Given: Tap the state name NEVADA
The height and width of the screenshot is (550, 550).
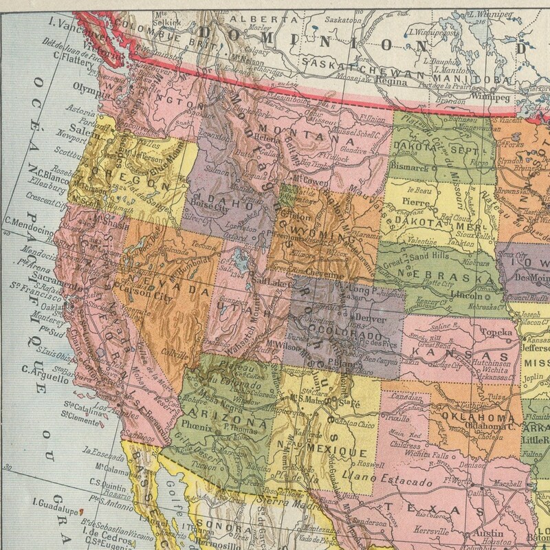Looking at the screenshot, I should tap(165, 283).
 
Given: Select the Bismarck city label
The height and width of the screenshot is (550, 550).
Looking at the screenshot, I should tap(410, 167).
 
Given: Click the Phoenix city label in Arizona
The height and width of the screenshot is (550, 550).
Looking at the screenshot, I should tap(197, 424).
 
